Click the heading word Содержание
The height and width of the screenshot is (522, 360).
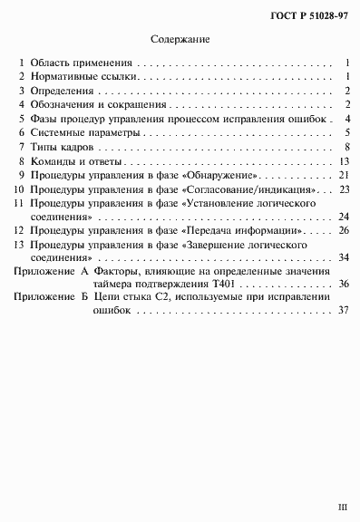pos(180,40)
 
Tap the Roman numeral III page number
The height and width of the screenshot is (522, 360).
pos(342,509)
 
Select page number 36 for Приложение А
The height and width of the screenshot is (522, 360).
pos(344,284)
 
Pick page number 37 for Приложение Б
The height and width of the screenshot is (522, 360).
pos(344,310)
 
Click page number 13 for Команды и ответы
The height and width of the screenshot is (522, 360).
pos(344,160)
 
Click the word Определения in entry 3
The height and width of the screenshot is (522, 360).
pos(62,92)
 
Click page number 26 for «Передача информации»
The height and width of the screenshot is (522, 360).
pos(344,230)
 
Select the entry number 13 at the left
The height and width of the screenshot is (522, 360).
pos(17,245)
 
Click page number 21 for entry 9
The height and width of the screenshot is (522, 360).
pos(344,173)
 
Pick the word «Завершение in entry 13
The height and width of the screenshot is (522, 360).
pos(219,245)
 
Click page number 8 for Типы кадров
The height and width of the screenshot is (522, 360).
pos(347,147)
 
